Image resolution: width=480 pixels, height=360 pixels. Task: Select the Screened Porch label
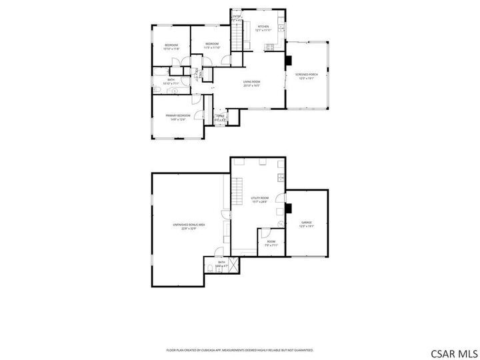click(307, 76)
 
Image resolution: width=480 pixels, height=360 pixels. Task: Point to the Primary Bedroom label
click(178, 117)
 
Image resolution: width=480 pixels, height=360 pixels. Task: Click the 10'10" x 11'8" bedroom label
click(171, 47)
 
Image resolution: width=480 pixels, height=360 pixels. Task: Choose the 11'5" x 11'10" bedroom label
click(212, 46)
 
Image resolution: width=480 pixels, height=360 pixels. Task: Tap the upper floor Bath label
click(171, 82)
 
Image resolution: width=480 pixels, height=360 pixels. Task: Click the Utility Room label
click(259, 199)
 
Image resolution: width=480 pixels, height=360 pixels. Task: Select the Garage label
click(307, 224)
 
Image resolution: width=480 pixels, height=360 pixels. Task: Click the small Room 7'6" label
click(271, 243)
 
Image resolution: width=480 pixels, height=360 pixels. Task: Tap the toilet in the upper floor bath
click(157, 89)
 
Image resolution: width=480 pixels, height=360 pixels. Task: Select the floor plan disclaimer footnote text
click(240, 349)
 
